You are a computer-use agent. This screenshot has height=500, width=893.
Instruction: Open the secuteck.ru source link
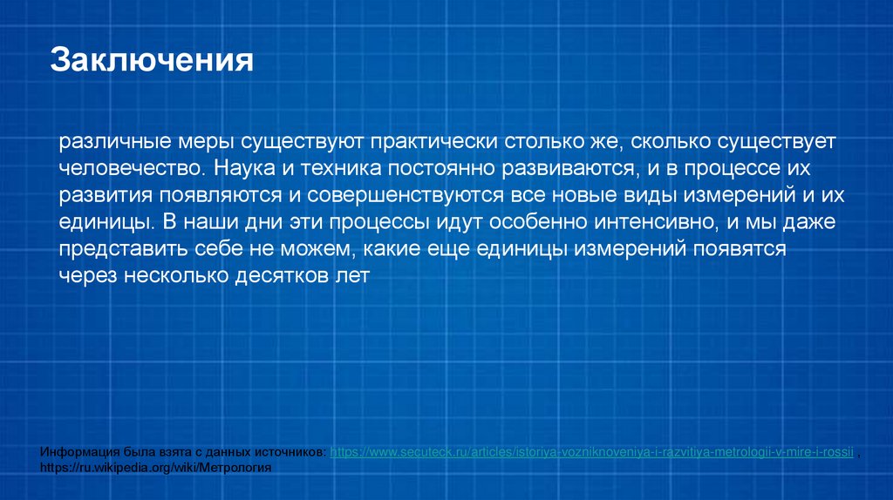coord(592,454)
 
